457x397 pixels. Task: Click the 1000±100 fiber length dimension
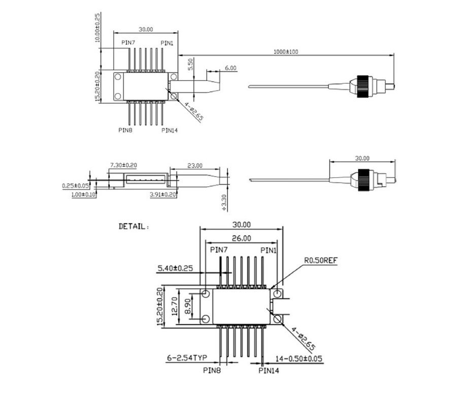pyautogui.click(x=285, y=52)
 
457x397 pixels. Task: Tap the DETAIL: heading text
pyautogui.click(x=134, y=226)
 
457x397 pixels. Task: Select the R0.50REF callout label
pyautogui.click(x=320, y=260)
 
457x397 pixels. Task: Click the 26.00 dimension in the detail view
pyautogui.click(x=241, y=238)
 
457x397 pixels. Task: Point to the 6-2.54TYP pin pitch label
pyautogui.click(x=187, y=357)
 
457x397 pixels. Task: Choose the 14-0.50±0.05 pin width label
pyautogui.click(x=299, y=358)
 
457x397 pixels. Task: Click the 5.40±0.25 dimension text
pyautogui.click(x=175, y=268)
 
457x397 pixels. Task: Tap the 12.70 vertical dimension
pyautogui.click(x=175, y=306)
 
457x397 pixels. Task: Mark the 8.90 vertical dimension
pyautogui.click(x=188, y=306)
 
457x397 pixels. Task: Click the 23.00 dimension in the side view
pyautogui.click(x=194, y=166)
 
